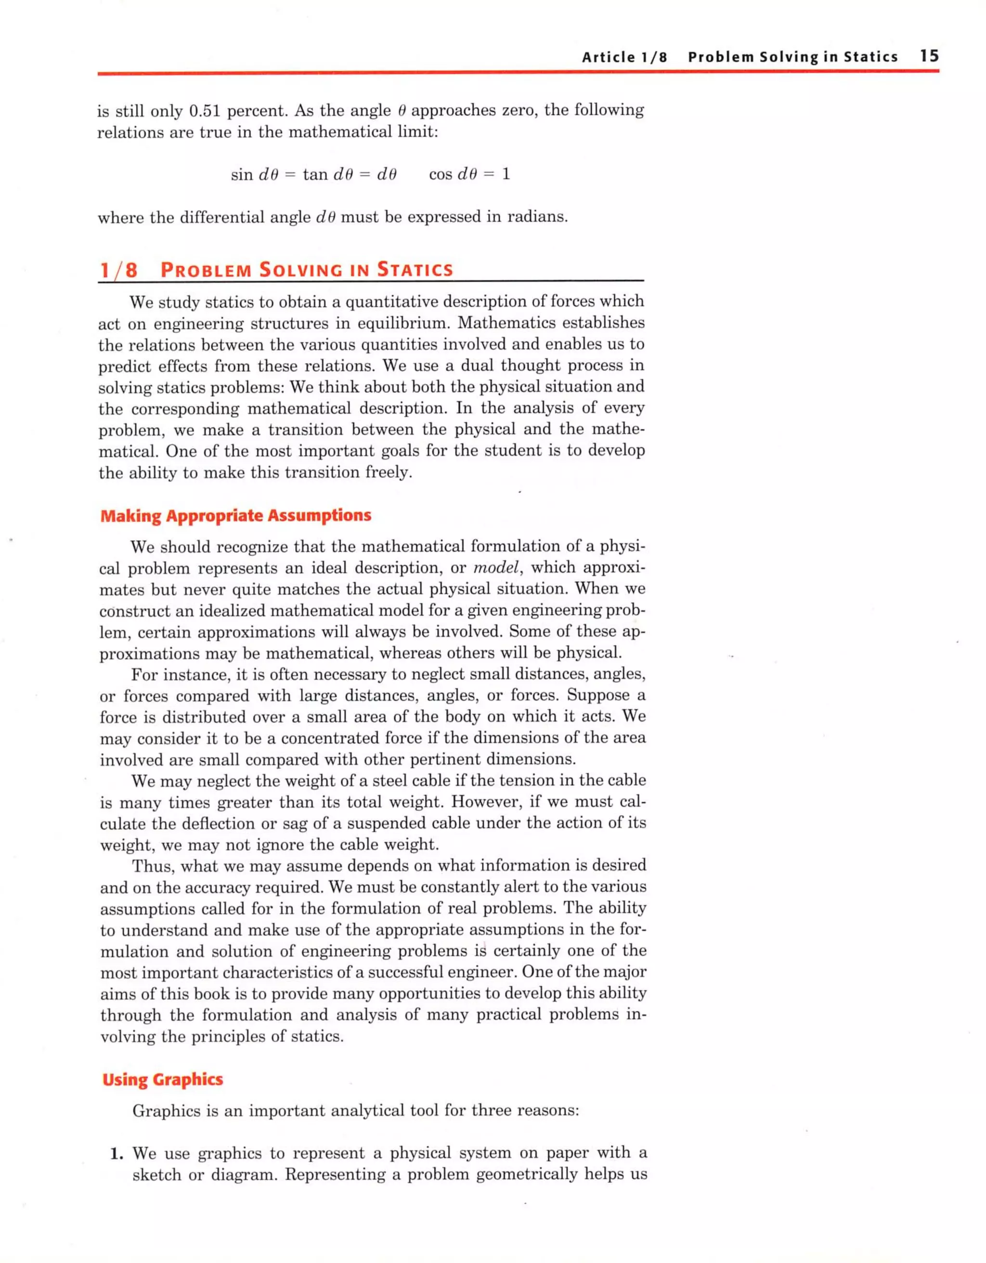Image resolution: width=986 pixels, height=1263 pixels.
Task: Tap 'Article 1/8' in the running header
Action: point(624,57)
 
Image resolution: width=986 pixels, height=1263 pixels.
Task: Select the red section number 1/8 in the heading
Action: point(118,270)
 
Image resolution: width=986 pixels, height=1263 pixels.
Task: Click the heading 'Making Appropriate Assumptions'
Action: point(235,515)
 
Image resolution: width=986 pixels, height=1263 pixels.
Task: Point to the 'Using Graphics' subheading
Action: point(163,1079)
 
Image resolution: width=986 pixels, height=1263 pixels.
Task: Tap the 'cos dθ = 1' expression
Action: point(469,174)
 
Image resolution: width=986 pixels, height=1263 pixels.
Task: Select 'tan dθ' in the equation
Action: point(324,174)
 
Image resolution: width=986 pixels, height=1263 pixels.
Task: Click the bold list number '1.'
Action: point(117,1154)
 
